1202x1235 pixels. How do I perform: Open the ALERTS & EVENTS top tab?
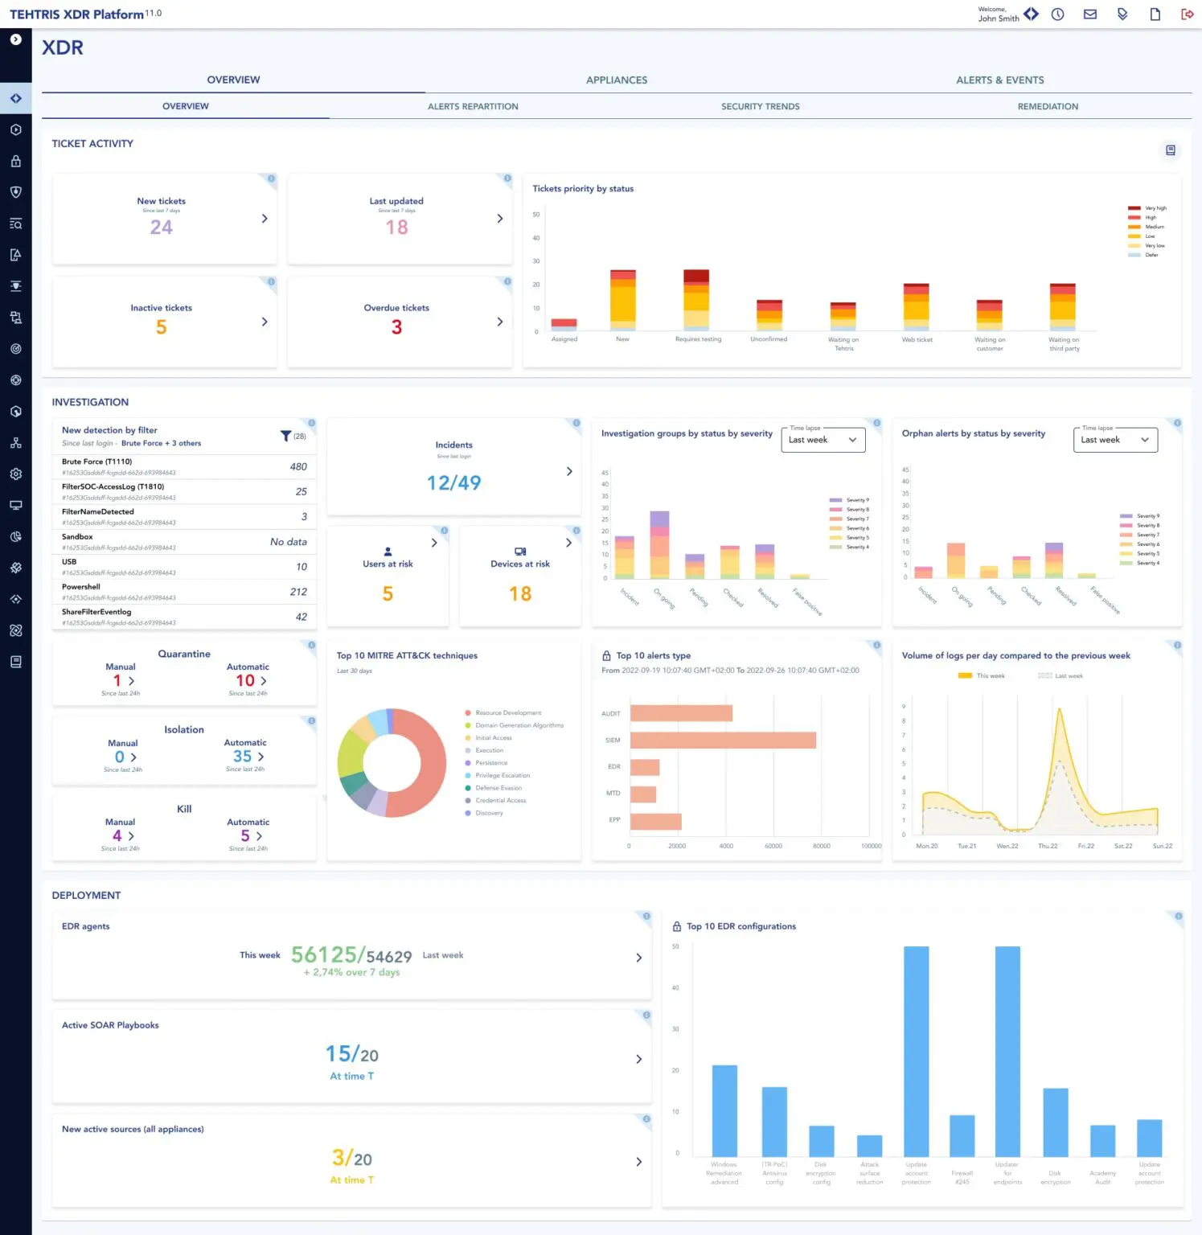999,80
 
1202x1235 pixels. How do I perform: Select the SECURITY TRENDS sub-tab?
760,106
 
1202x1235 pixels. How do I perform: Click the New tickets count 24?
161,228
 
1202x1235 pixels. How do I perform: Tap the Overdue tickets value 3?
396,327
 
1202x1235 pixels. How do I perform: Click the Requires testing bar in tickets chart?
696,301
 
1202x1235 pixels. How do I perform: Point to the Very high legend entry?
1155,208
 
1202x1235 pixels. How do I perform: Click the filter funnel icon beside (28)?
285,436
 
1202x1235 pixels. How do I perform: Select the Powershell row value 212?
298,592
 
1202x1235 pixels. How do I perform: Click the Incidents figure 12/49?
453,482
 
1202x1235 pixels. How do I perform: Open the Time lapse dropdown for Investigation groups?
823,440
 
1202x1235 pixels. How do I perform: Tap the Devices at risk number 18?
520,594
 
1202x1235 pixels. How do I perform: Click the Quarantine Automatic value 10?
245,681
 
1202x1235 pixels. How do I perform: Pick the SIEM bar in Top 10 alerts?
723,740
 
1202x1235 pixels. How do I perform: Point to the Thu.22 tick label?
1048,846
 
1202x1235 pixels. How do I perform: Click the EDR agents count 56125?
323,954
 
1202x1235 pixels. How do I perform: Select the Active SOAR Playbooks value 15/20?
351,1054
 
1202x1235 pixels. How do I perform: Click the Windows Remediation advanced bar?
724,1110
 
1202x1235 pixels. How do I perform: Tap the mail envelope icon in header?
1090,14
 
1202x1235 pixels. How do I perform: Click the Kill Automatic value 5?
245,836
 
